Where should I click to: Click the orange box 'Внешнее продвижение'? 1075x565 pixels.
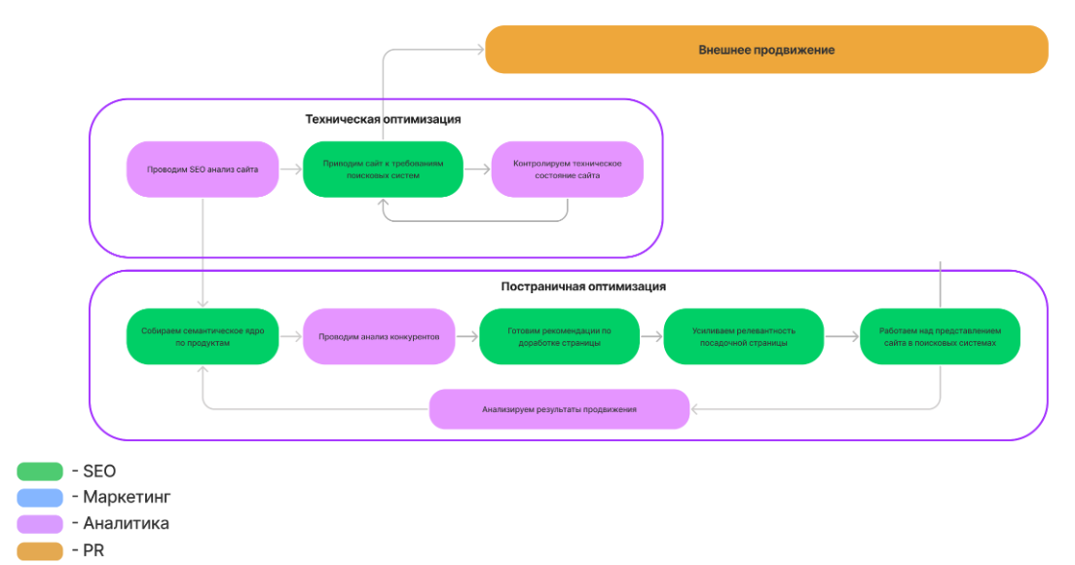pos(766,50)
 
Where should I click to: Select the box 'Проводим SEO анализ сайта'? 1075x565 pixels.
pos(203,169)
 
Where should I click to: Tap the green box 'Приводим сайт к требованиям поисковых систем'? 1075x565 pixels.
pos(383,169)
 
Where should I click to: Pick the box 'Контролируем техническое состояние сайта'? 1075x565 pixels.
pos(567,169)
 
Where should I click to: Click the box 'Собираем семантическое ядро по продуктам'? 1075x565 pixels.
pos(203,337)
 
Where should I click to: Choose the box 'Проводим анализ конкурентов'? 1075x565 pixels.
pos(379,337)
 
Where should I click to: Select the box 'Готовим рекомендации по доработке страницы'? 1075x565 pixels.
pos(559,337)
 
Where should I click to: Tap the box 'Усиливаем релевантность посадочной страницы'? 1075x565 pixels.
pos(743,337)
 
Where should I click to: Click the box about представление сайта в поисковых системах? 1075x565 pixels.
pos(940,337)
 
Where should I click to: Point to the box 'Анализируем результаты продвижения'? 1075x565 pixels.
pos(559,409)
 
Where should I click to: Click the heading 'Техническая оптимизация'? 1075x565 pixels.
pos(383,119)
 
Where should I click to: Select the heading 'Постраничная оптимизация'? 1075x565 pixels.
pos(582,286)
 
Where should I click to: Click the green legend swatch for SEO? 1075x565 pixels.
pos(40,471)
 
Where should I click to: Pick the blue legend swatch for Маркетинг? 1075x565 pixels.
pos(40,497)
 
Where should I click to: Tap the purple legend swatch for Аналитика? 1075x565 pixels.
pos(40,524)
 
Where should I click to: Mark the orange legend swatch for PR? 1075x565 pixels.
pos(40,550)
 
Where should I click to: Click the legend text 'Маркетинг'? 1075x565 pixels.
pos(127,497)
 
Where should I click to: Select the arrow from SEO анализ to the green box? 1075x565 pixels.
pos(291,169)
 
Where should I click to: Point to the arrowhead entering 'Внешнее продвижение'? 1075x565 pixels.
pos(480,50)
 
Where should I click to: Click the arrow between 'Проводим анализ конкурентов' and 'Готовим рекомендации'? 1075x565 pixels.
pos(466,337)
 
